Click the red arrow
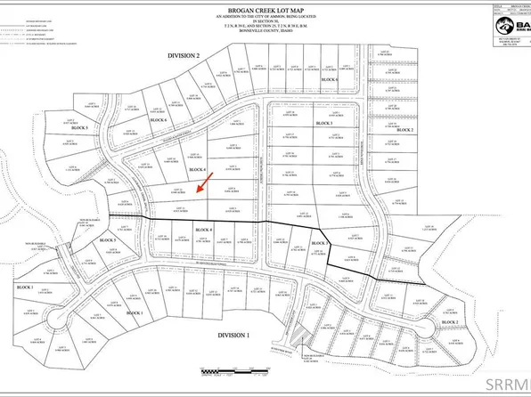point(204,183)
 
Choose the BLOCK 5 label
point(132,240)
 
